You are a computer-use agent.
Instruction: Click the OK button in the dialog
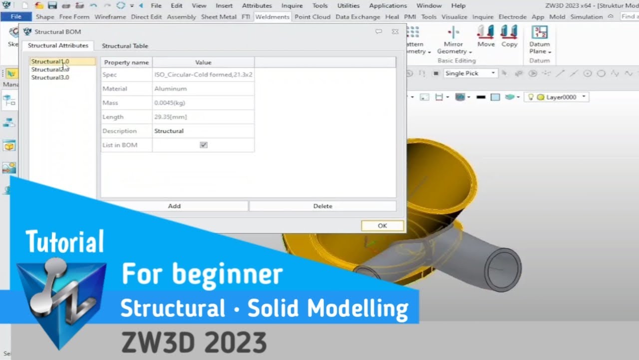[x=382, y=225]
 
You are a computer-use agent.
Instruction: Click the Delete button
[x=322, y=206]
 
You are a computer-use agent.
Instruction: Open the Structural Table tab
[x=125, y=45]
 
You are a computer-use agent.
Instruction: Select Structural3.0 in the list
[x=50, y=77]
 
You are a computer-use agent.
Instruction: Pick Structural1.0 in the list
[x=50, y=61]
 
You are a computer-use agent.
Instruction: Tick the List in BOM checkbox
[x=204, y=145]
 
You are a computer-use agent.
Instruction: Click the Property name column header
[x=126, y=62]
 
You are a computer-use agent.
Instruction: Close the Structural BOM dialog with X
[x=395, y=31]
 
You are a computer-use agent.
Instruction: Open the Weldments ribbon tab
[x=272, y=16]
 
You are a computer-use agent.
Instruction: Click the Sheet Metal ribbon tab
[x=219, y=16]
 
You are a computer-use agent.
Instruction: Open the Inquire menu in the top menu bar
[x=292, y=5]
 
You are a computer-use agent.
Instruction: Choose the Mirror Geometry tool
[x=453, y=40]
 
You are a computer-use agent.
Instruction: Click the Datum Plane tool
[x=540, y=40]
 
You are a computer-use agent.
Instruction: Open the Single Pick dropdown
[x=470, y=73]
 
